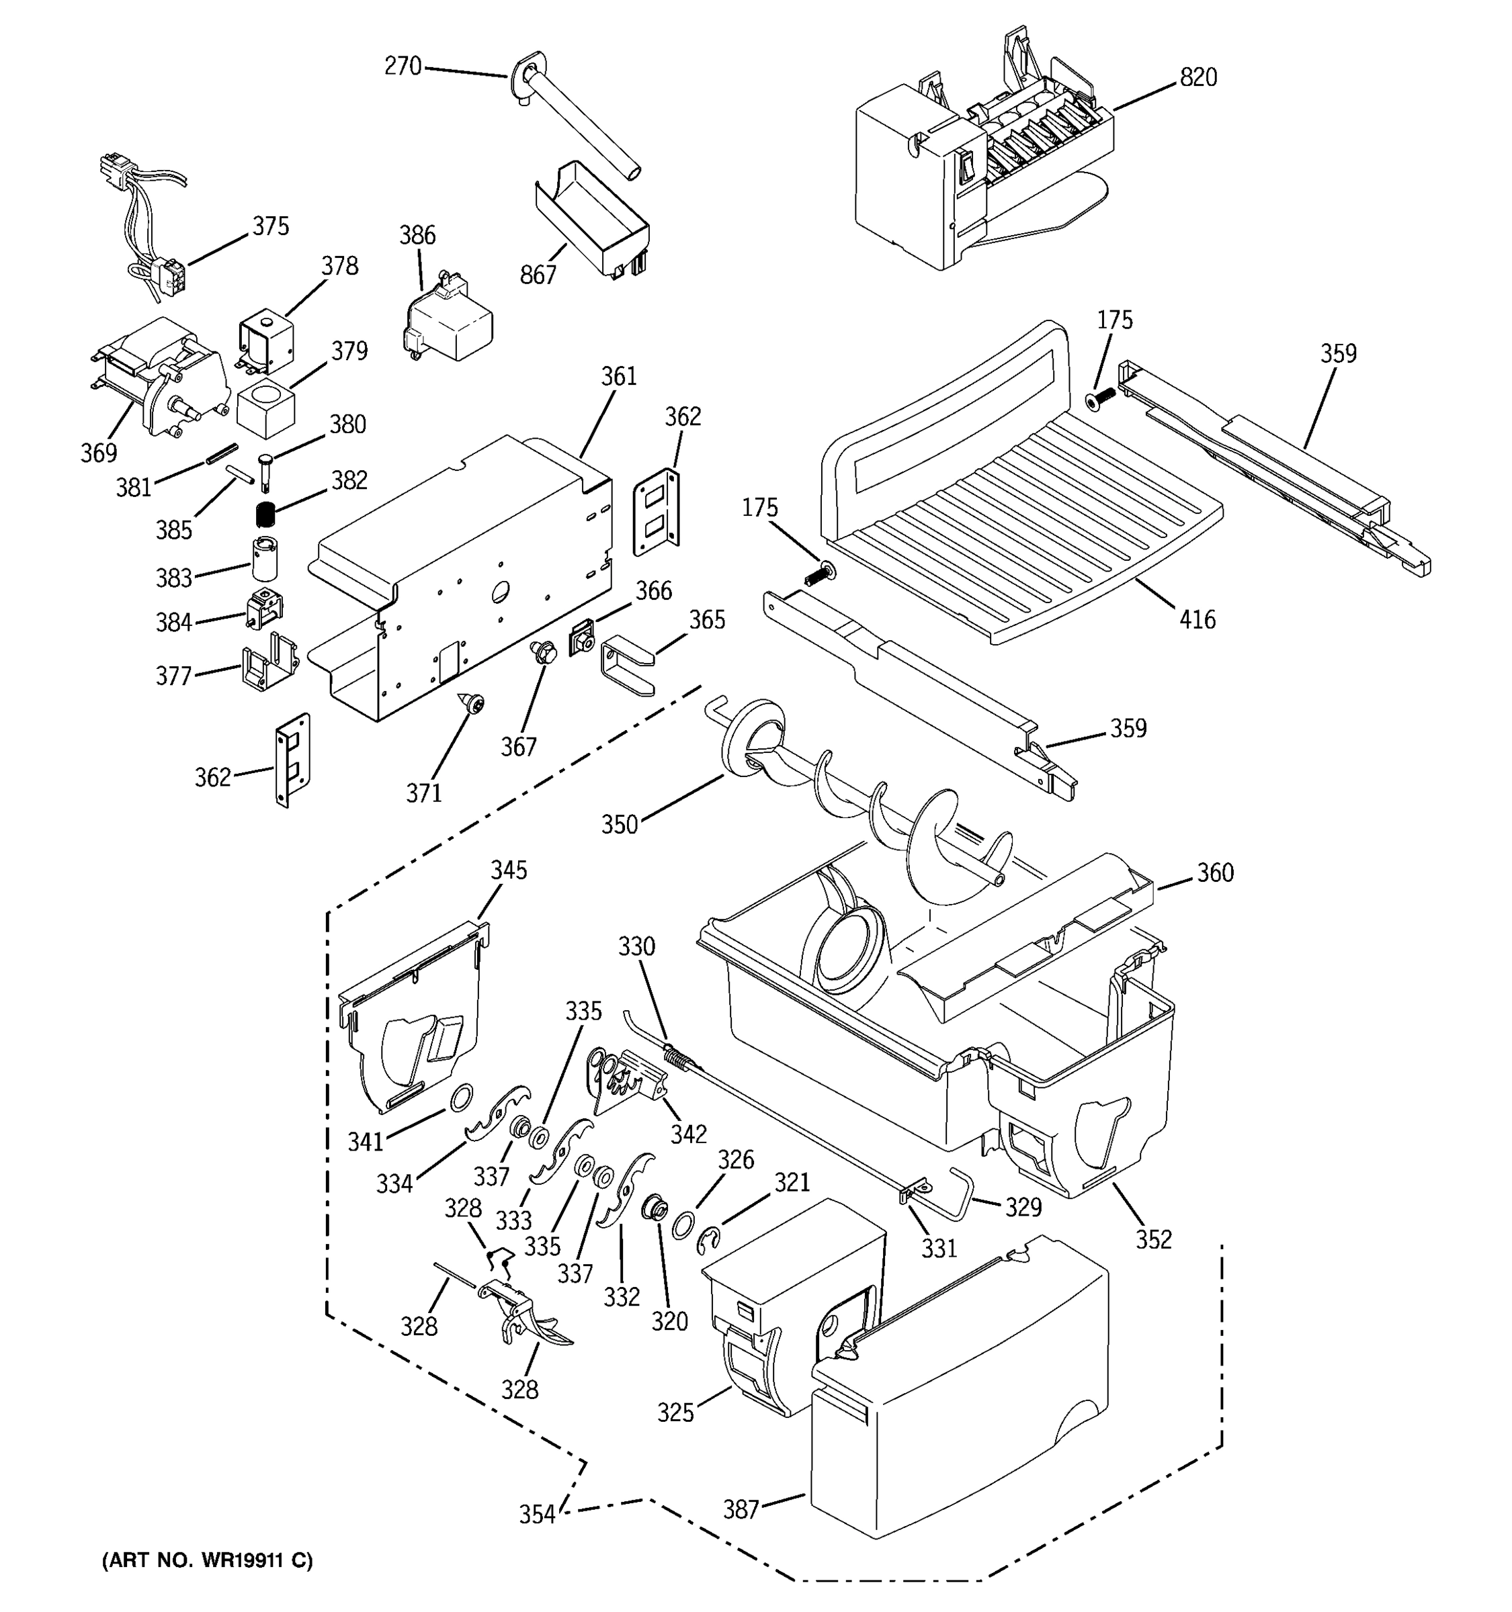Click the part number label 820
click(1198, 78)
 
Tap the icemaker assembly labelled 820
click(973, 171)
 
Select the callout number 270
click(403, 66)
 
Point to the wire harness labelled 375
click(146, 219)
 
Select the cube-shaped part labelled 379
click(265, 410)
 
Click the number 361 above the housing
click(619, 376)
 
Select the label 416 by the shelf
click(1198, 621)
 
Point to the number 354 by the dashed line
click(537, 1514)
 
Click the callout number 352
click(1153, 1239)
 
